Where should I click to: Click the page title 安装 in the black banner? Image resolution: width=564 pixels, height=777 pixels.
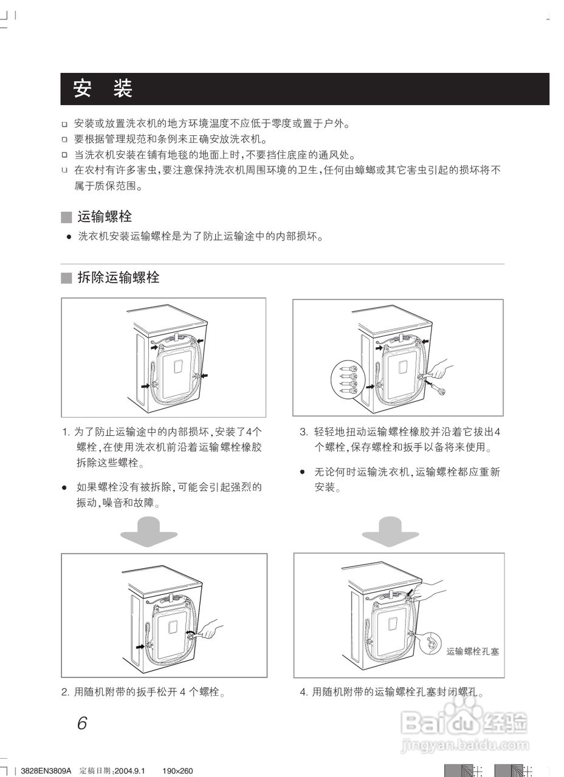103,89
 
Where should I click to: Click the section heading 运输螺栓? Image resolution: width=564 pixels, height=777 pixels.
105,217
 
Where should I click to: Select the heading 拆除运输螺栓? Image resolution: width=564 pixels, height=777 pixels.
119,278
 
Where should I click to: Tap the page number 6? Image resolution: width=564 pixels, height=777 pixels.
82,724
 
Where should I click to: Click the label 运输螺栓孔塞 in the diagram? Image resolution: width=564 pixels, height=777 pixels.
473,651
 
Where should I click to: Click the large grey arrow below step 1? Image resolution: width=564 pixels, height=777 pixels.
149,531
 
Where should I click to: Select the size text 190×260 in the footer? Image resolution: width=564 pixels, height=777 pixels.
177,771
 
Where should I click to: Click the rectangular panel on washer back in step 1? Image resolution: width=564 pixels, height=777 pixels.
177,367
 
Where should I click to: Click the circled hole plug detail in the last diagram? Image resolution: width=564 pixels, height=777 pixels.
430,643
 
